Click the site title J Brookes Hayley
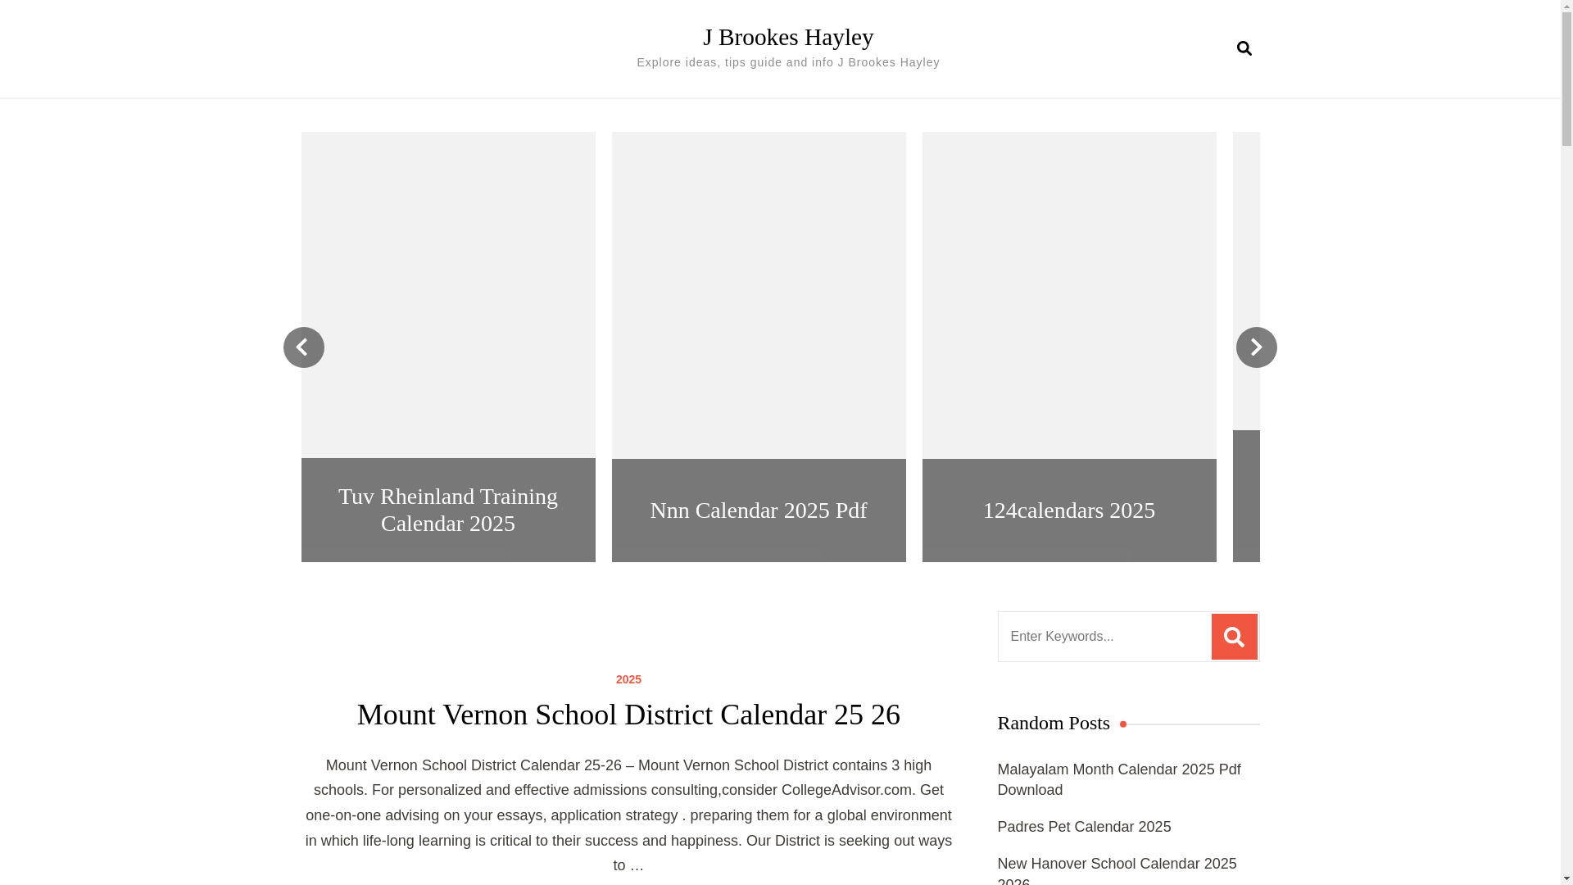pyautogui.click(x=787, y=37)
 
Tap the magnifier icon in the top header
pyautogui.click(x=1244, y=48)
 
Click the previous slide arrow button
pyautogui.click(x=304, y=347)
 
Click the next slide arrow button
pyautogui.click(x=1256, y=347)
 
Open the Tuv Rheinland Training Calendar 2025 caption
pyautogui.click(x=448, y=510)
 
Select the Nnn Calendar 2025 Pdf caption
pyautogui.click(x=758, y=510)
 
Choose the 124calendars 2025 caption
pyautogui.click(x=1068, y=510)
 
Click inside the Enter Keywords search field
pyautogui.click(x=1104, y=637)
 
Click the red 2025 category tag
pyautogui.click(x=628, y=679)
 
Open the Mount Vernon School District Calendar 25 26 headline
pyautogui.click(x=628, y=715)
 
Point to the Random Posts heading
pyautogui.click(x=1054, y=723)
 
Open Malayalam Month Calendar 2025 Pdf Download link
pyautogui.click(x=1118, y=779)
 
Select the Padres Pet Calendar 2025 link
pyautogui.click(x=1084, y=827)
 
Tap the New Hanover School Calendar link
pyautogui.click(x=1117, y=869)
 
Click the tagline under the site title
pyautogui.click(x=787, y=62)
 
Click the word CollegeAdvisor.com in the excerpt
pyautogui.click(x=846, y=790)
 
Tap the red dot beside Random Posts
pyautogui.click(x=1123, y=724)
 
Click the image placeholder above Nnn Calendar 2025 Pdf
pyautogui.click(x=758, y=295)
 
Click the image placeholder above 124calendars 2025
pyautogui.click(x=1068, y=295)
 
